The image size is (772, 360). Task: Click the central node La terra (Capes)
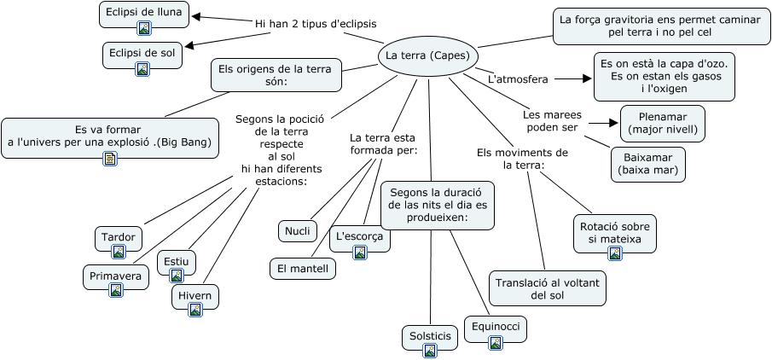(x=427, y=56)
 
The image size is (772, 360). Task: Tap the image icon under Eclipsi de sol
(x=142, y=69)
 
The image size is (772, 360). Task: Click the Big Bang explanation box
(x=109, y=136)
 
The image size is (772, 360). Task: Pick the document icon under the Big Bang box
(x=109, y=158)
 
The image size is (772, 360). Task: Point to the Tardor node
(x=119, y=236)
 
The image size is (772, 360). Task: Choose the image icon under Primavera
(x=116, y=290)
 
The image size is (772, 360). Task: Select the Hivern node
(x=195, y=295)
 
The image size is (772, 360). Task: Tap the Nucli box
(x=298, y=230)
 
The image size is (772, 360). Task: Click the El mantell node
(x=302, y=268)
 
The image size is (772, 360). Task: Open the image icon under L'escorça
(x=360, y=252)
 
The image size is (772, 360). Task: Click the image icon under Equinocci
(x=496, y=343)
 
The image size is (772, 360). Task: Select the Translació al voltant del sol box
(x=548, y=288)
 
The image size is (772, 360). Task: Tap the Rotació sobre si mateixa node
(x=615, y=233)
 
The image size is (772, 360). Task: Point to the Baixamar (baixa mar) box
(x=648, y=164)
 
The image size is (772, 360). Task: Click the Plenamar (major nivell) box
(x=662, y=123)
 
